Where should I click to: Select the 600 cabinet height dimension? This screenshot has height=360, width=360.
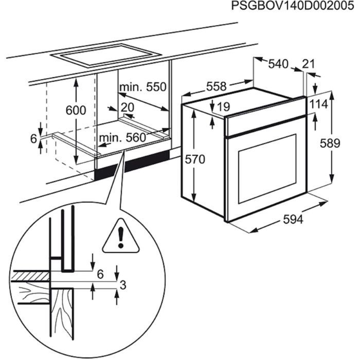[x=75, y=111]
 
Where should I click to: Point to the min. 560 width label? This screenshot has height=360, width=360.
[x=122, y=137]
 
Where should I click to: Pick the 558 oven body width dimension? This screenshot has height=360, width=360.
[x=216, y=87]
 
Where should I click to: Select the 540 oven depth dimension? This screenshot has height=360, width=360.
[x=278, y=64]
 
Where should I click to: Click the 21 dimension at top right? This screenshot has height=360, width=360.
[x=309, y=64]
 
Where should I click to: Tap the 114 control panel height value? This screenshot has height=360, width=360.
[x=319, y=104]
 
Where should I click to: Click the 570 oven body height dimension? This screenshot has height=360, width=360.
[x=195, y=159]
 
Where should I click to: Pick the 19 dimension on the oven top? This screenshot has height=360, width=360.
[x=223, y=107]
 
